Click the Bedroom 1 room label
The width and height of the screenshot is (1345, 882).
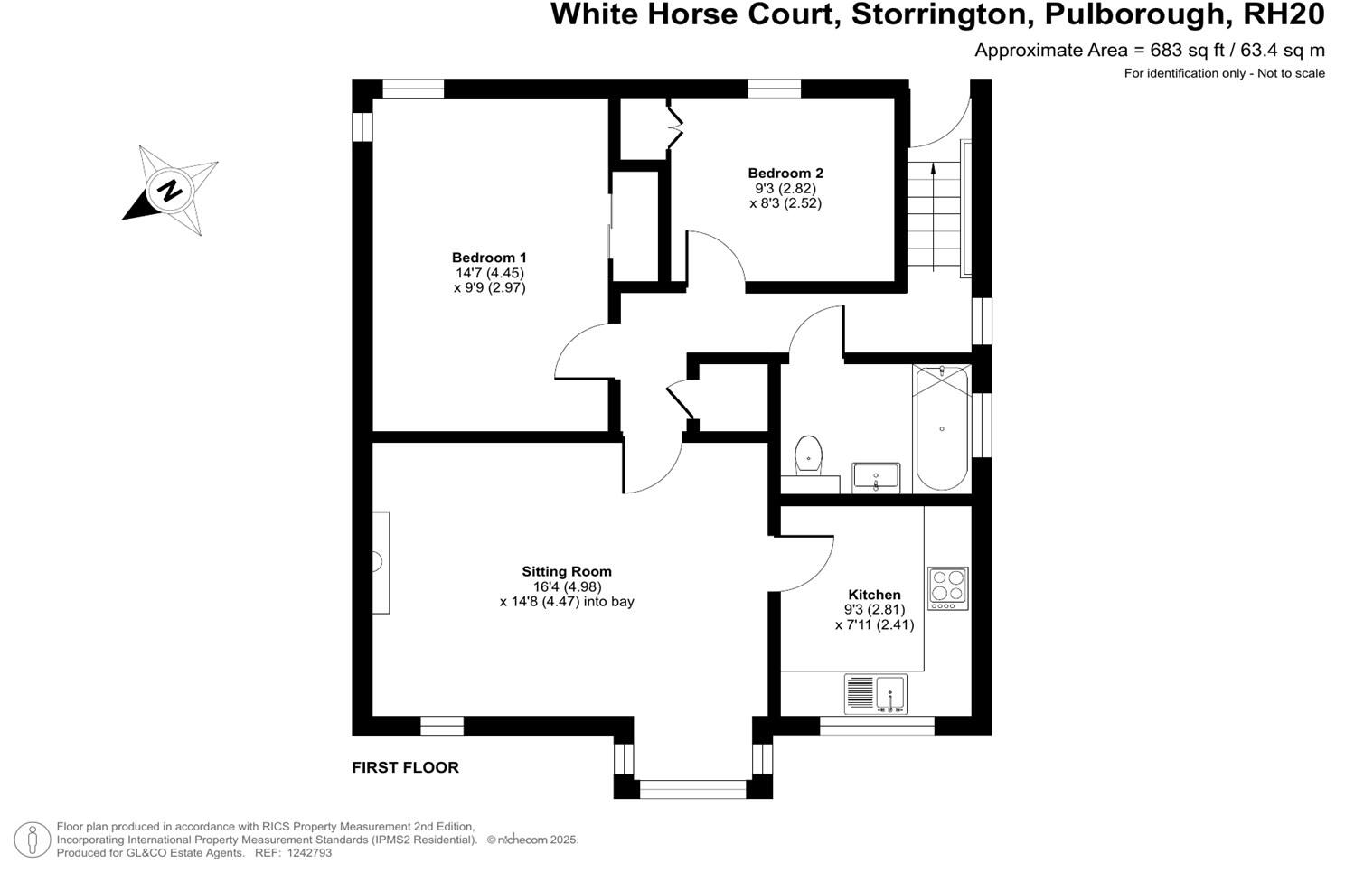[x=489, y=258]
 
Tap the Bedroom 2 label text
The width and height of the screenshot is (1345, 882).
[x=785, y=174]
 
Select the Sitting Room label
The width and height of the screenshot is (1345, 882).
[x=567, y=571]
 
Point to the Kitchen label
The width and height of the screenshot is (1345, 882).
[x=874, y=595]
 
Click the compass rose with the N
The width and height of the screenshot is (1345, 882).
[x=171, y=191]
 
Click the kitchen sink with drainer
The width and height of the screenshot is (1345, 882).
[x=875, y=693]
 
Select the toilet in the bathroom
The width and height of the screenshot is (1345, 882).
[x=808, y=455]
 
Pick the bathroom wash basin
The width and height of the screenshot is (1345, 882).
[x=876, y=476]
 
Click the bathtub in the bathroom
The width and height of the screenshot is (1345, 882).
[x=942, y=427]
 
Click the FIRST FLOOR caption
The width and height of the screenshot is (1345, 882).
[x=405, y=767]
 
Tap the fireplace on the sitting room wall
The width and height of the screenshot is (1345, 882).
[x=381, y=562]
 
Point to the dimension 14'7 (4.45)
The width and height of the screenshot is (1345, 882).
[x=489, y=273]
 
